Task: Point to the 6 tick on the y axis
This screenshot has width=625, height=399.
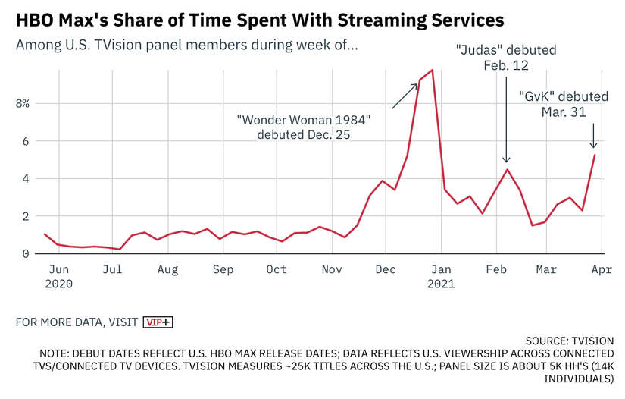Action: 24,141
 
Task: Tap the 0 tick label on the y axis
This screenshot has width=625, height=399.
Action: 24,253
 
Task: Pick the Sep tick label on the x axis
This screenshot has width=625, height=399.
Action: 223,269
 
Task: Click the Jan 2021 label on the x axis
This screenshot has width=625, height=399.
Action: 441,276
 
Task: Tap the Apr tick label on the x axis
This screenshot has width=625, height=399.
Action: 602,269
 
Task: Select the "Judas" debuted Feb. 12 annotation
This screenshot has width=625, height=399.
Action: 506,58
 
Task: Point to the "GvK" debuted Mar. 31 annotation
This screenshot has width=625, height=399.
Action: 564,104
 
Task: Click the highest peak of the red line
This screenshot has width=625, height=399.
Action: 432,70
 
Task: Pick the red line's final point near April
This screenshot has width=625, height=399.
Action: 595,155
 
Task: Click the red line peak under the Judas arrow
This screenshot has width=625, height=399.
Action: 507,169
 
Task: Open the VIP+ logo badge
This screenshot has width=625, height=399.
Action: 158,322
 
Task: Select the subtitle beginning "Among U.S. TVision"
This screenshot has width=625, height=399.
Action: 186,45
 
